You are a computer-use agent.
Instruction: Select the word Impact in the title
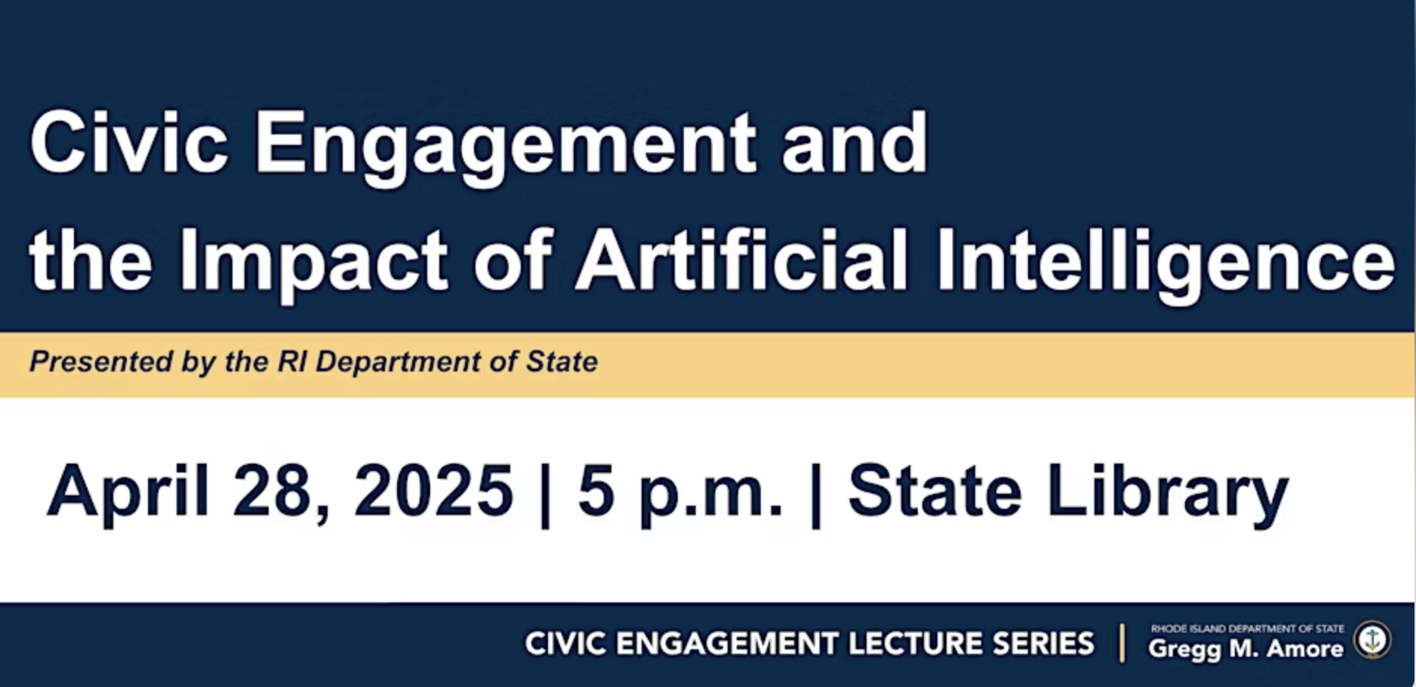[x=313, y=262]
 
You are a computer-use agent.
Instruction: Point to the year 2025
[x=433, y=491]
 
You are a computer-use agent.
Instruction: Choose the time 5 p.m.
[x=680, y=492]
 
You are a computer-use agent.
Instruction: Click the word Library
[x=1167, y=492]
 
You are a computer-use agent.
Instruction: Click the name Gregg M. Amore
[x=1245, y=648]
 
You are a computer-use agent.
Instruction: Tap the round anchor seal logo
[x=1372, y=639]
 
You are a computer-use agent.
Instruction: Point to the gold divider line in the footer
[x=1122, y=643]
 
